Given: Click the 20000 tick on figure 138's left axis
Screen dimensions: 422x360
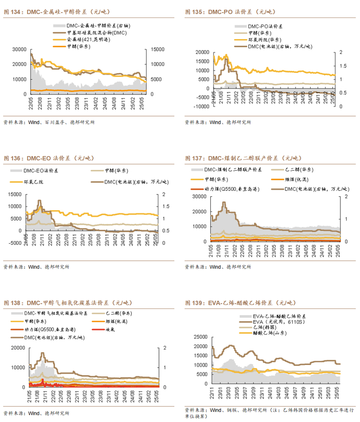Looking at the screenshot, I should pyautogui.click(x=20, y=348).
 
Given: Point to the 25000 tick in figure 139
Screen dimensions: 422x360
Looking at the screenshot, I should pyautogui.click(x=201, y=337).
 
